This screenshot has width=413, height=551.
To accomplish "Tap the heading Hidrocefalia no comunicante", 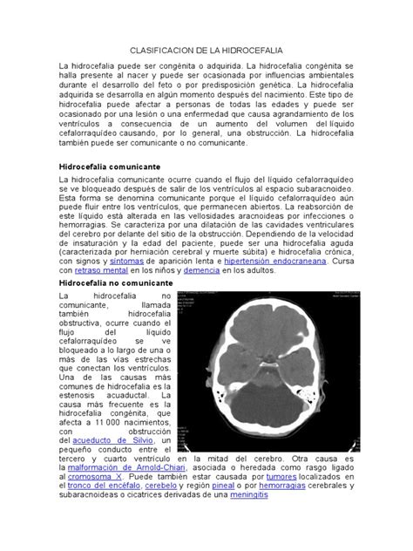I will coord(116,284).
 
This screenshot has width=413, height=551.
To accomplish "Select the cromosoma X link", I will coord(96,478).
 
